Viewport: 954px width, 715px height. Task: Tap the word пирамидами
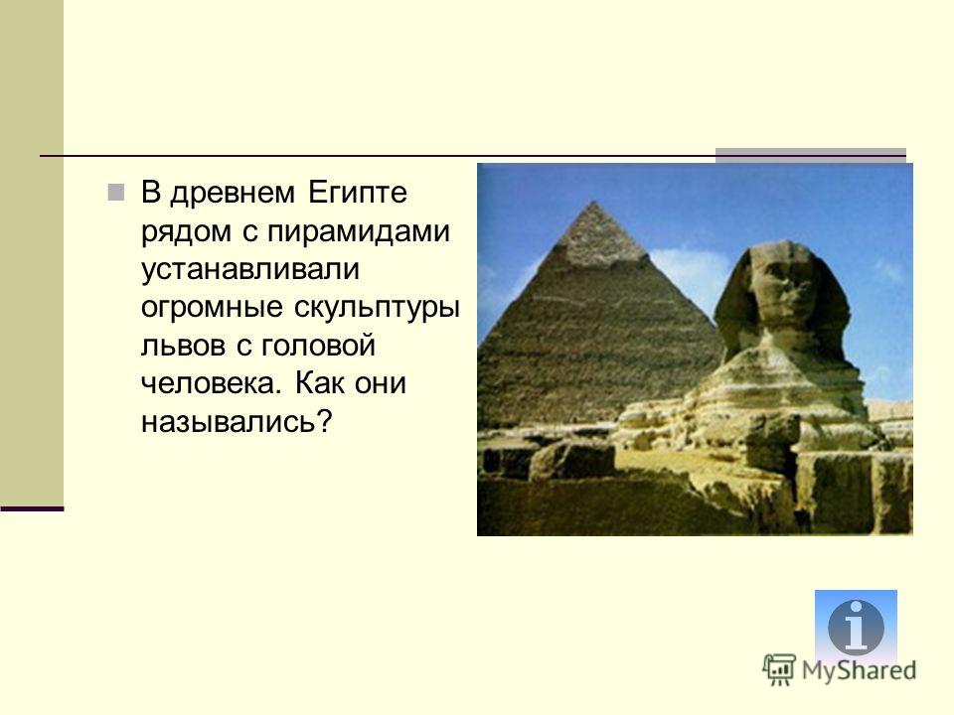pos(359,231)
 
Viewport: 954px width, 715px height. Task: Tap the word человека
pos(211,384)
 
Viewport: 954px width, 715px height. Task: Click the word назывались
pos(238,422)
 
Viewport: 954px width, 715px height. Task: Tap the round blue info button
pos(856,628)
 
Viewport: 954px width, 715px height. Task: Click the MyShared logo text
pos(859,671)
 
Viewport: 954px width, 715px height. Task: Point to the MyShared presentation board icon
pos(779,670)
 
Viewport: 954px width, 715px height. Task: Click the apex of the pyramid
pos(593,202)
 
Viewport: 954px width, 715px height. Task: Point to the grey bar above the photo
pos(811,152)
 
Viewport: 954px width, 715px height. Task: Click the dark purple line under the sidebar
pos(32,508)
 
